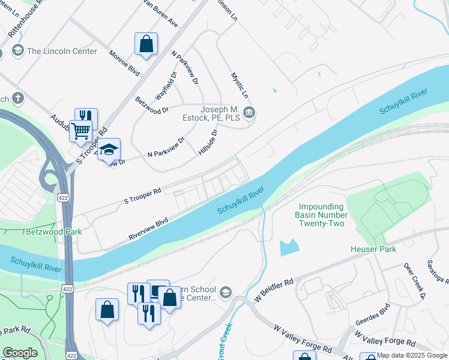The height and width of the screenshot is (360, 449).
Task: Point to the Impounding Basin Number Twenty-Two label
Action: [x=321, y=214]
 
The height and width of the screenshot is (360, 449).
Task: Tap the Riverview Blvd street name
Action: [x=148, y=229]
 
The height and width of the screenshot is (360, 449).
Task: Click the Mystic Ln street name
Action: [x=240, y=86]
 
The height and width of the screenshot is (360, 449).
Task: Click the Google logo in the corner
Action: [x=20, y=353]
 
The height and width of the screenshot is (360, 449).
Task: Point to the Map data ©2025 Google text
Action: [x=411, y=355]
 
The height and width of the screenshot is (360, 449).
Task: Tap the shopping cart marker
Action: [x=80, y=130]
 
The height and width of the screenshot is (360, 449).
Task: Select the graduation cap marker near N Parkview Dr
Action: [x=109, y=149]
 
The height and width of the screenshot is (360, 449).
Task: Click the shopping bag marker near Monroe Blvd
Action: [x=146, y=44]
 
